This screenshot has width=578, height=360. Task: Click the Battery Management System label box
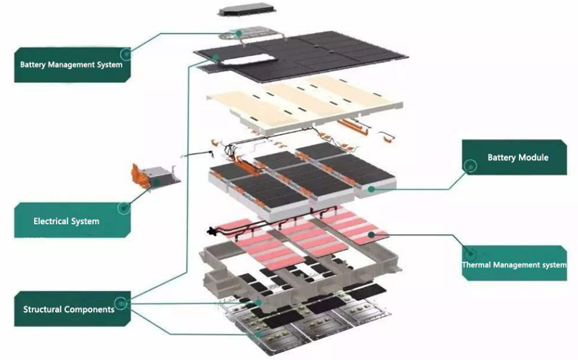71,64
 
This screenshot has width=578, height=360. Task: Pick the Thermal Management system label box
514,264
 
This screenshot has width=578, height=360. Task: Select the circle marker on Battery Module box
470,167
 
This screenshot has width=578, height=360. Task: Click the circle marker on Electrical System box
123,208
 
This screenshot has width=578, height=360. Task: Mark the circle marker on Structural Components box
120,304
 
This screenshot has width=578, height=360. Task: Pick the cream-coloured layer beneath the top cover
302,102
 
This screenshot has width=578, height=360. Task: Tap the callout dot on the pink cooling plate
371,233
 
